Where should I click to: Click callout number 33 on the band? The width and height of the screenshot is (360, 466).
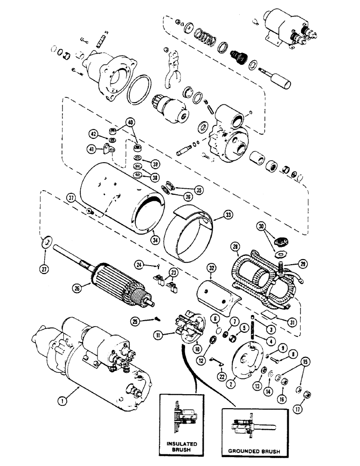[x=228, y=215]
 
